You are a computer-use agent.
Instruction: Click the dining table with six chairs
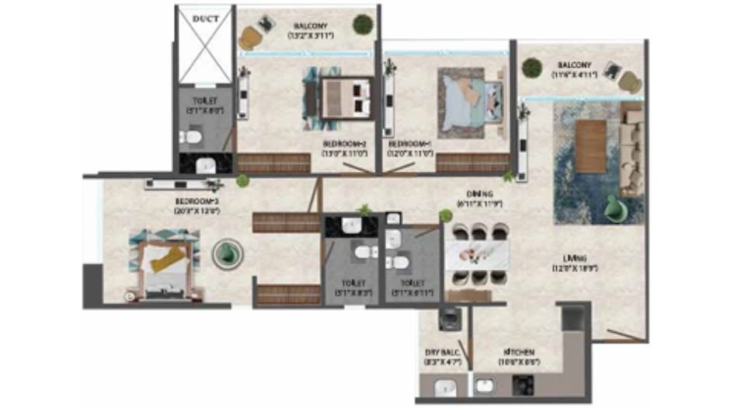click(x=476, y=256)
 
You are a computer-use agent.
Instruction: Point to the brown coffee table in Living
click(x=591, y=147)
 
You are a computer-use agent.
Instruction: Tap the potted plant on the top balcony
click(x=362, y=24)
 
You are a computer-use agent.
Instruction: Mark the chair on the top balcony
click(x=252, y=36)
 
